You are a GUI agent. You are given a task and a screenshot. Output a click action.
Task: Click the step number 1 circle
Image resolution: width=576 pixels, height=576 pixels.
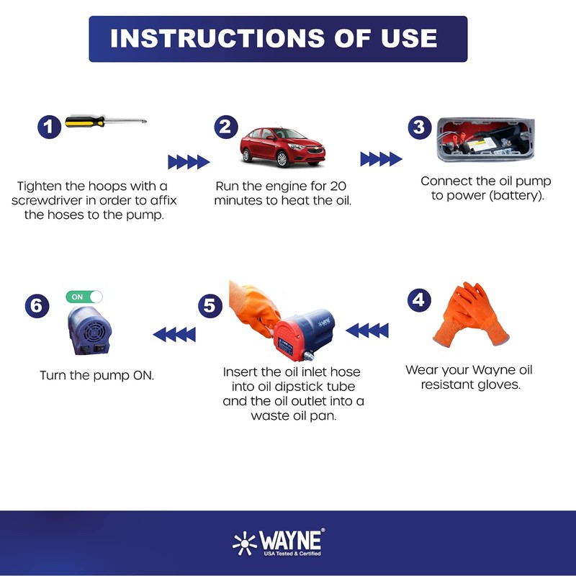(x=49, y=127)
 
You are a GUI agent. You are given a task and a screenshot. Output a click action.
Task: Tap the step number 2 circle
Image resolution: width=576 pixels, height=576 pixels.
(x=226, y=127)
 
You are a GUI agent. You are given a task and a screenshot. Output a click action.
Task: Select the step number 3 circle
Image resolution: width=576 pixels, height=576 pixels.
(x=420, y=127)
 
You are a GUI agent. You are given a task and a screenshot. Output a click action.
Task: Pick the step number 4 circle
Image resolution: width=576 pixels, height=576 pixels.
(x=419, y=300)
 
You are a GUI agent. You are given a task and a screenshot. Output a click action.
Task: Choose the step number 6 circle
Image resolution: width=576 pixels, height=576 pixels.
(x=37, y=305)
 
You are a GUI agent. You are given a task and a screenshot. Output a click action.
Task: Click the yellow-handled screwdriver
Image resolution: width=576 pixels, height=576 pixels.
(x=106, y=121)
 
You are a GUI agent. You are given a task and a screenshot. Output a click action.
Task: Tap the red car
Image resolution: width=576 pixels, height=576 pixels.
(x=282, y=147)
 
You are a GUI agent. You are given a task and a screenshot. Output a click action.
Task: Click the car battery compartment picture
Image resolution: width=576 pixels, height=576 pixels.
(x=485, y=140)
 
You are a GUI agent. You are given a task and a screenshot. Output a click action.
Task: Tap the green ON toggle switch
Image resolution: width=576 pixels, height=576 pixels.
(x=84, y=297)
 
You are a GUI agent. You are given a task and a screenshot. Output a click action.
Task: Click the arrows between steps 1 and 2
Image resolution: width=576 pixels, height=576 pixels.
(x=189, y=161)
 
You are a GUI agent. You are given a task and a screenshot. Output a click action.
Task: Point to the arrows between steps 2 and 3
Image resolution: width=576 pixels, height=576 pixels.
(x=381, y=159)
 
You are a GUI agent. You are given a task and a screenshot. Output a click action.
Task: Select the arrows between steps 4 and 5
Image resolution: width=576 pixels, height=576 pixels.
(x=367, y=330)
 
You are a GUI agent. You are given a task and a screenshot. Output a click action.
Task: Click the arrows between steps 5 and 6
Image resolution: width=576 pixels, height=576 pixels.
(x=174, y=335)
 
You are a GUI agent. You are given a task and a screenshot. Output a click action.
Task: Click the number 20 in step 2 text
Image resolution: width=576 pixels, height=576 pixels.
(x=338, y=186)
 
